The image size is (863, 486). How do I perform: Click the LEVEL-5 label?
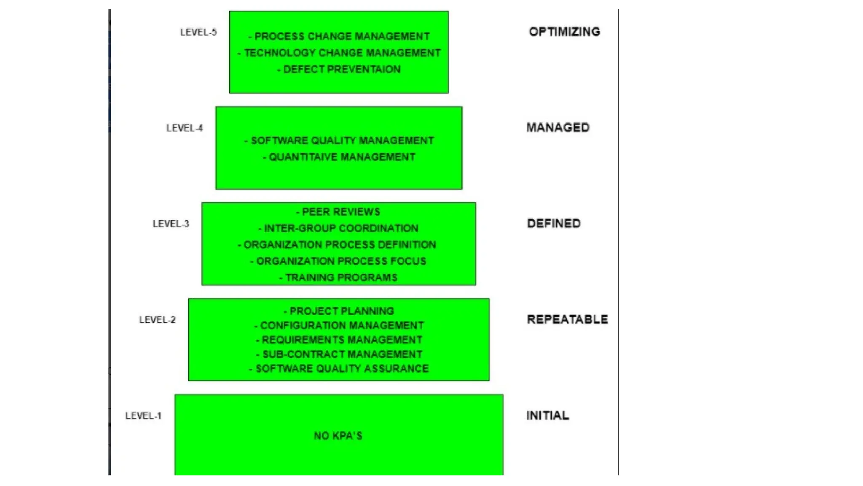point(198,32)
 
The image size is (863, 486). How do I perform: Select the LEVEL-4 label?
point(185,128)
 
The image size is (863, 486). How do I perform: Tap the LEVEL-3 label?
point(171,224)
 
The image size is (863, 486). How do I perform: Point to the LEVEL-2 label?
point(157,320)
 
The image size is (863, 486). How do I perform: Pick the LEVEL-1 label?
point(143,416)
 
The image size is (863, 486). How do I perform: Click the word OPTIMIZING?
point(564,32)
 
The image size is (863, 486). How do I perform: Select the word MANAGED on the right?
point(557,127)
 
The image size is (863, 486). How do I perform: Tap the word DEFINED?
point(554,224)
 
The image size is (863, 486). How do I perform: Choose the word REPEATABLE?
point(567,319)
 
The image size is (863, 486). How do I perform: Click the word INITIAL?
point(547,416)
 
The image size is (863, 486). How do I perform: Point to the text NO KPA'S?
point(338,436)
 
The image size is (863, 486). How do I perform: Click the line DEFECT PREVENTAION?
point(339,69)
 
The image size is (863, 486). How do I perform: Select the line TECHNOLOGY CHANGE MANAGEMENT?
point(339,53)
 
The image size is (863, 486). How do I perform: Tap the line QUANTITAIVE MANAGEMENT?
point(339,157)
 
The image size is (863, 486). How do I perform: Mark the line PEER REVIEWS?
point(338,212)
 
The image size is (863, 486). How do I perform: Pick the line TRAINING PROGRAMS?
point(338,278)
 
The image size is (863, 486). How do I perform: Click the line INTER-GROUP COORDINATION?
point(338,228)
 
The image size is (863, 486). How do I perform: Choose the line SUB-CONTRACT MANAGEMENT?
point(339,354)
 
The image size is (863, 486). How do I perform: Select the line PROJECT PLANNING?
point(339,311)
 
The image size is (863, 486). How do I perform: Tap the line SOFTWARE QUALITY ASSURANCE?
point(339,369)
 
